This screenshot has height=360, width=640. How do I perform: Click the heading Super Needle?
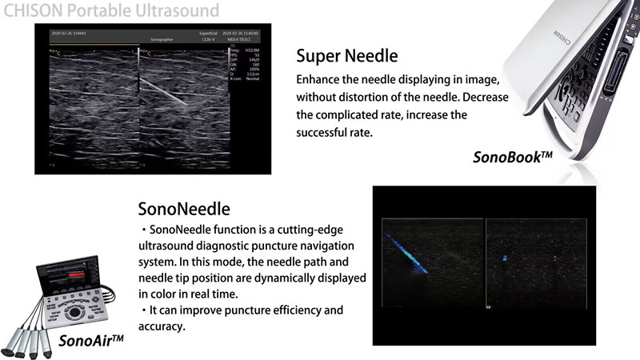pos(346,56)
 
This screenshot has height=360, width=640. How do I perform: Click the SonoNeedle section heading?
pos(184,210)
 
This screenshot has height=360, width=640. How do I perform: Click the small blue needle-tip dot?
pos(505,258)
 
